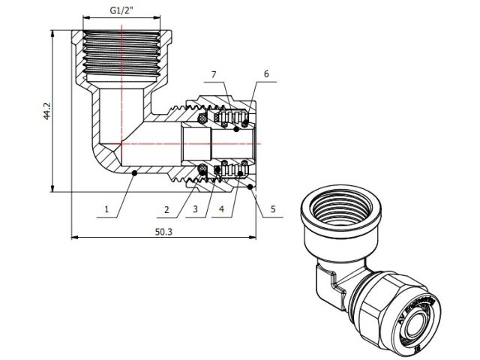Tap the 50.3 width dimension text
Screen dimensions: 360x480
pos(163,232)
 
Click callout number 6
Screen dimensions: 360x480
pos(265,74)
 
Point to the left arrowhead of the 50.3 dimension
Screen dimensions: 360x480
pos(74,238)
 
